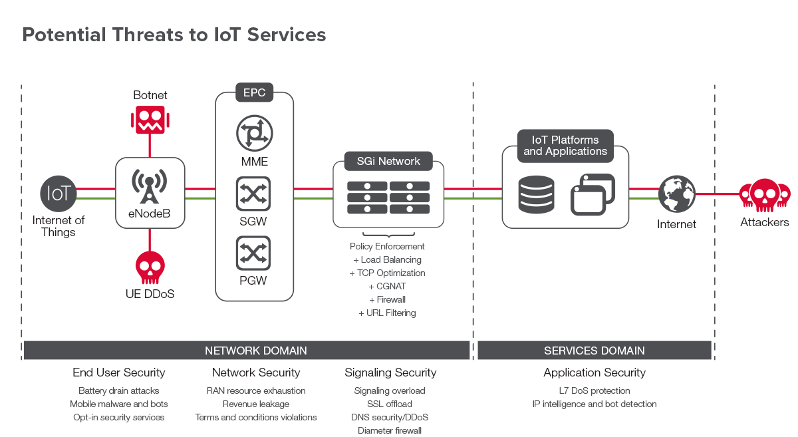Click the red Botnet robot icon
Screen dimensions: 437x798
pyautogui.click(x=150, y=119)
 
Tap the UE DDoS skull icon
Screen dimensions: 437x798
pyautogui.click(x=150, y=267)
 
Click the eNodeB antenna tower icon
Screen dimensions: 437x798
pyautogui.click(x=150, y=186)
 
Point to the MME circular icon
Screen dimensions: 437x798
pyautogui.click(x=254, y=132)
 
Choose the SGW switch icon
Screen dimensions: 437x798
pyautogui.click(x=253, y=194)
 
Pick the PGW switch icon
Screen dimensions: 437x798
pyautogui.click(x=253, y=253)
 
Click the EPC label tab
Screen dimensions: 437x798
pyautogui.click(x=254, y=92)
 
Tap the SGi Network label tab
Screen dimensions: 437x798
pyautogui.click(x=389, y=161)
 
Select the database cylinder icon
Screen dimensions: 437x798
pyautogui.click(x=536, y=193)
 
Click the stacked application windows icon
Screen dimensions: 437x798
pyautogui.click(x=593, y=194)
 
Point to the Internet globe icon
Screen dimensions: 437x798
pyautogui.click(x=676, y=193)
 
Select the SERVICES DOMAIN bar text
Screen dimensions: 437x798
pyautogui.click(x=594, y=351)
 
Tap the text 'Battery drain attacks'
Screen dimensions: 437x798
pyautogui.click(x=119, y=390)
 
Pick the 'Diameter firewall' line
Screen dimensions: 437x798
pyautogui.click(x=390, y=430)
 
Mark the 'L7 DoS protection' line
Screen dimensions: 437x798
pyautogui.click(x=595, y=390)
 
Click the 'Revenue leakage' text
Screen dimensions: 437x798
pyautogui.click(x=256, y=404)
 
